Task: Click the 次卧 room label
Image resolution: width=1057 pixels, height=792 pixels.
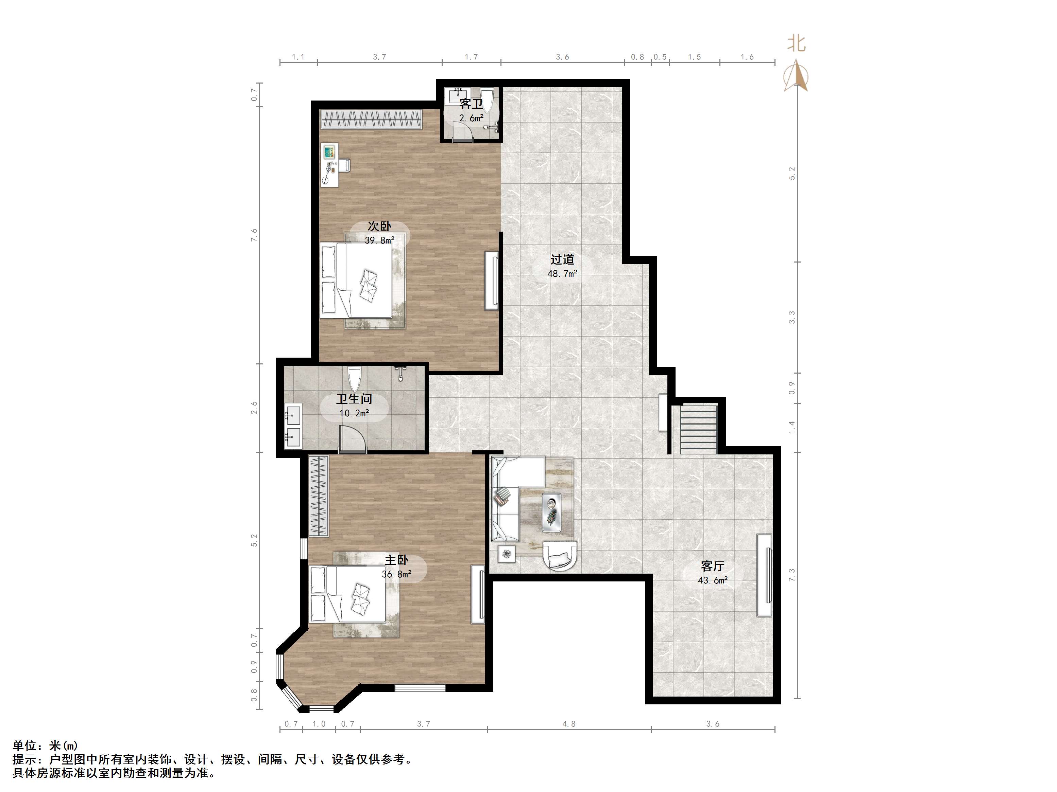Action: (x=379, y=226)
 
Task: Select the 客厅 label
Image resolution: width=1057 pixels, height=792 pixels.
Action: (x=713, y=566)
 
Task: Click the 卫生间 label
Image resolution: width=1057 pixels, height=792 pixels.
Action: (x=354, y=399)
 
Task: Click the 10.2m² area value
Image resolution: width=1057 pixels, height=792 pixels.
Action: (x=354, y=413)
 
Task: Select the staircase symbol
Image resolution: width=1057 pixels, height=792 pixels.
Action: (x=699, y=429)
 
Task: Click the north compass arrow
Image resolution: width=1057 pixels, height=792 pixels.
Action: (x=796, y=75)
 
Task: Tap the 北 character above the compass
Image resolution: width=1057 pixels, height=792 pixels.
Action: (x=797, y=44)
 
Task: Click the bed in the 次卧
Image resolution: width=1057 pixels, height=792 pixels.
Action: (x=357, y=280)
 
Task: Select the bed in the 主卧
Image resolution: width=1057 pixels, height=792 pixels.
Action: (x=347, y=594)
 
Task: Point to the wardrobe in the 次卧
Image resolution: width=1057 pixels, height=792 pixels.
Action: (x=372, y=119)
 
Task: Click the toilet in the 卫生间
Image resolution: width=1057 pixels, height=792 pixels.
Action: (x=354, y=380)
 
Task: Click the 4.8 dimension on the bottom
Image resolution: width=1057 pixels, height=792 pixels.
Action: (x=569, y=724)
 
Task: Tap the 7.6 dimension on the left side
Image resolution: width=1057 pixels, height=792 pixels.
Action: (x=254, y=235)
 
